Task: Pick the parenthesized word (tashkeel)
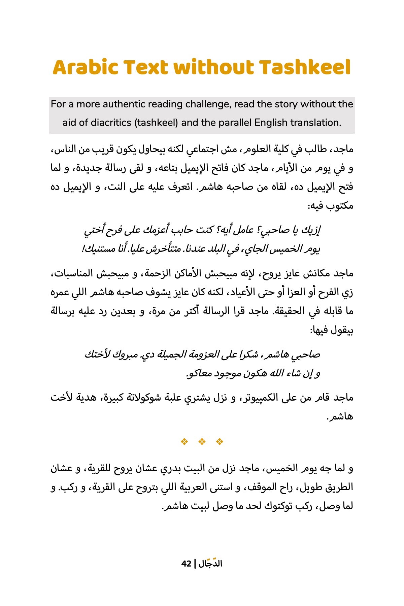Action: tap(156, 123)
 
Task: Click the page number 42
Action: tap(186, 564)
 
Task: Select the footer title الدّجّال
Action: tap(210, 563)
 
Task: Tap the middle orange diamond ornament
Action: tap(202, 441)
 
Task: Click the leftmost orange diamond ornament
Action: tap(184, 441)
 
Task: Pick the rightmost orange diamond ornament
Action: tap(220, 441)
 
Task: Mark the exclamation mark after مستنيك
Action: tap(83, 249)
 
